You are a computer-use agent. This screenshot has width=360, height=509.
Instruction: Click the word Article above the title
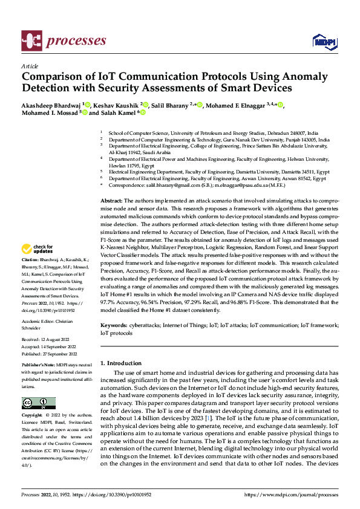30,66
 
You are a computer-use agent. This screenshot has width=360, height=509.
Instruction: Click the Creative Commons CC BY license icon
39,403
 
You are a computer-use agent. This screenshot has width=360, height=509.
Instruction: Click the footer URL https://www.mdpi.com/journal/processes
290,494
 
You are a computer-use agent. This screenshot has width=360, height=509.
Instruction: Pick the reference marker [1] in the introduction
208,418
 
